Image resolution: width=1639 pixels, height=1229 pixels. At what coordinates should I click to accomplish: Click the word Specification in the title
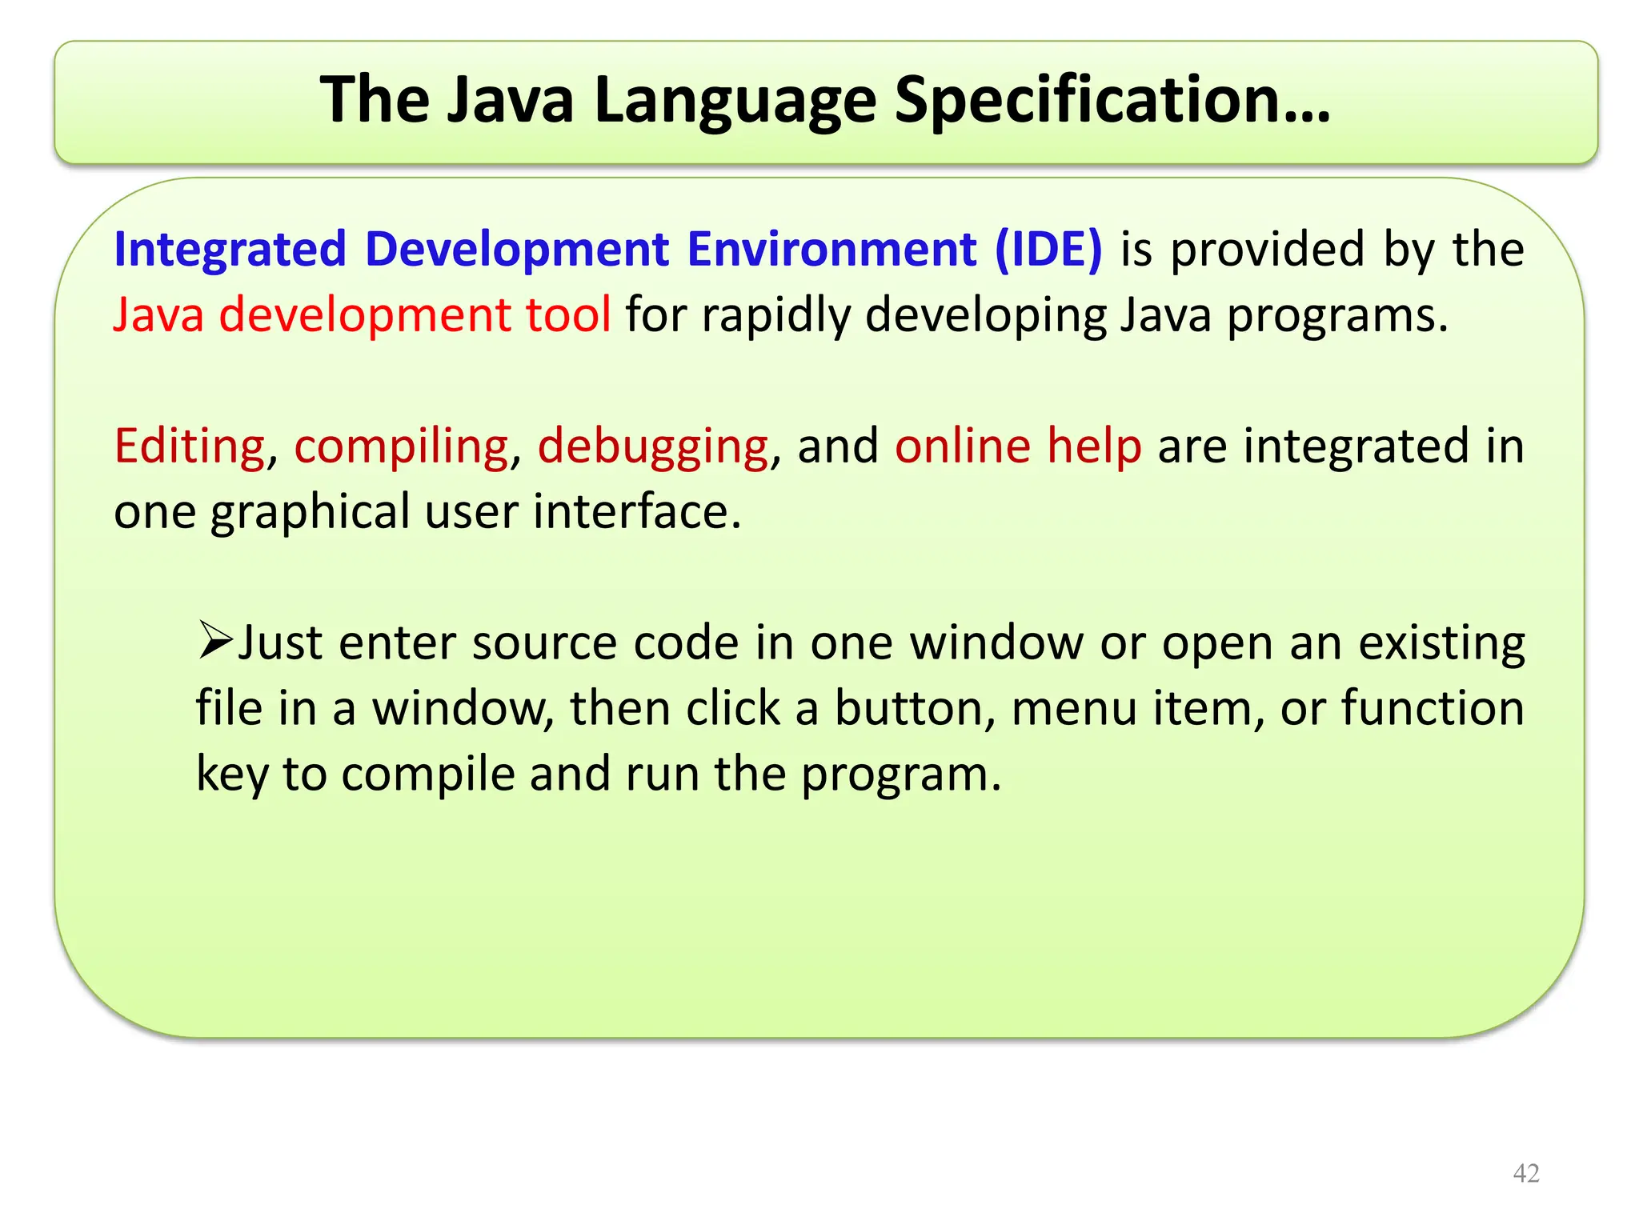click(x=1112, y=100)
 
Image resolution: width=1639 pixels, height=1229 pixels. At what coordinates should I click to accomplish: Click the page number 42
click(x=1526, y=1173)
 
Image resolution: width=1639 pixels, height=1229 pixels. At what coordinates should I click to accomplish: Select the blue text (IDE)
click(x=1048, y=249)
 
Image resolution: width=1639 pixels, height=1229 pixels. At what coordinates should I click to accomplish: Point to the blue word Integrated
click(x=230, y=249)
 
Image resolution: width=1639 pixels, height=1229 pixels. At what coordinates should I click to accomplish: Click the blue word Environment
click(x=832, y=249)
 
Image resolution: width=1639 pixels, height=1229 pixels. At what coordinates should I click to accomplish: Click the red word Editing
click(x=190, y=446)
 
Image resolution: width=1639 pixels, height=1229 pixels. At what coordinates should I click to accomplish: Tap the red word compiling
click(x=401, y=446)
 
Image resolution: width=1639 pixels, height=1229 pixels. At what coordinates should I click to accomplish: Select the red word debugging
click(x=653, y=446)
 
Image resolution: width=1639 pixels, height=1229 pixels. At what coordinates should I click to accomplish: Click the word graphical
click(x=310, y=511)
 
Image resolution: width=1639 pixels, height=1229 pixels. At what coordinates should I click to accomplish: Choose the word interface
click(x=636, y=511)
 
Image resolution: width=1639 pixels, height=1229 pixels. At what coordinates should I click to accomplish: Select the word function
click(x=1433, y=708)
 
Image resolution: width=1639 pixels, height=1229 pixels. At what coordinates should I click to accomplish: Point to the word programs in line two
click(x=1336, y=314)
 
